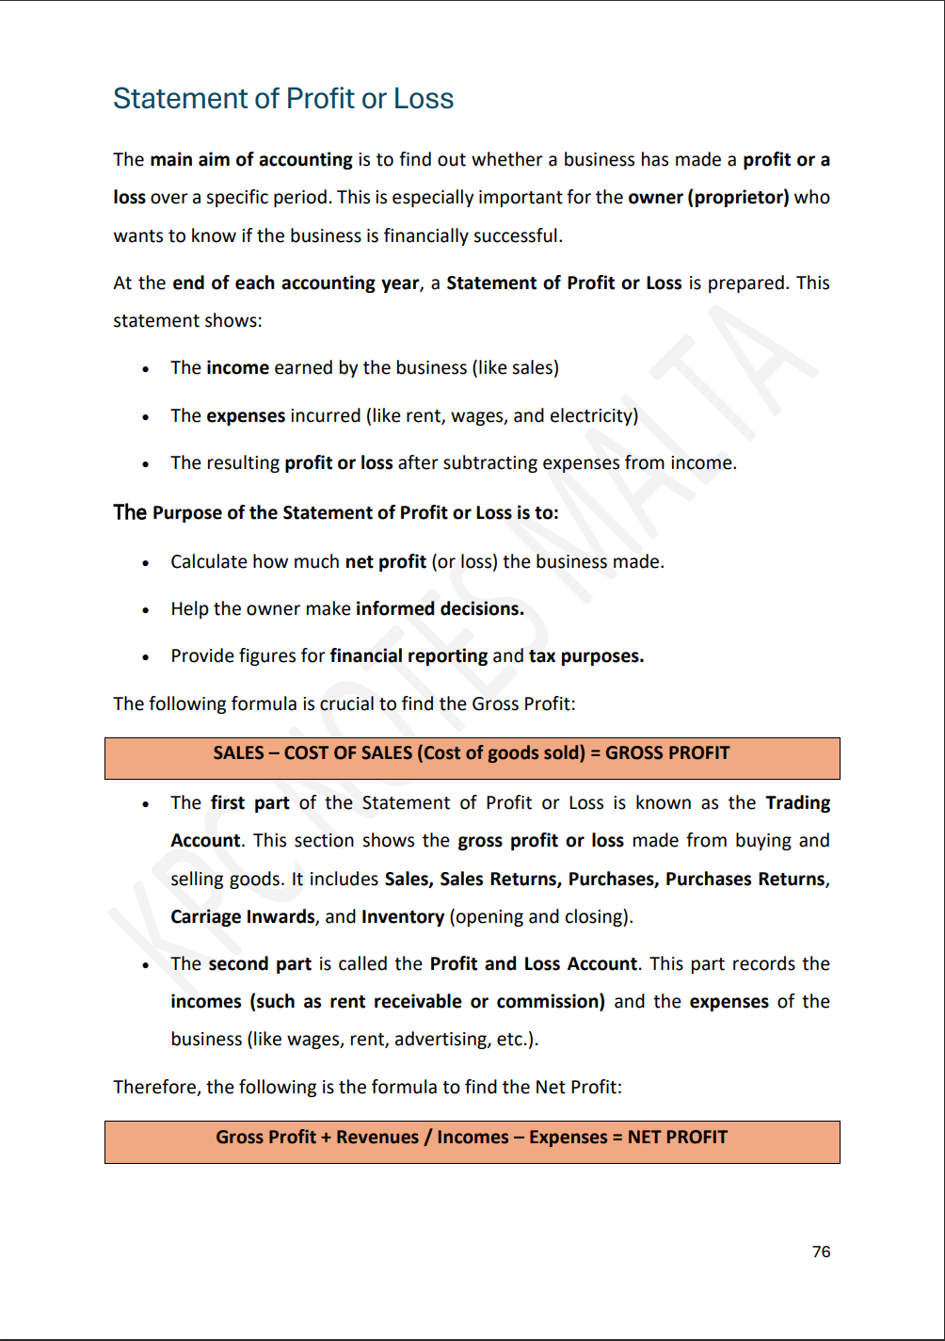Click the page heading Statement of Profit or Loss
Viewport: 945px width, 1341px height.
click(283, 99)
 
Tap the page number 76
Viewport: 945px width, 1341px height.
click(821, 1252)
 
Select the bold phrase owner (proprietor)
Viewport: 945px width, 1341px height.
click(708, 198)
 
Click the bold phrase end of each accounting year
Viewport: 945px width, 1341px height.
click(296, 283)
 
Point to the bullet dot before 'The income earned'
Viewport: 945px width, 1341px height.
click(145, 369)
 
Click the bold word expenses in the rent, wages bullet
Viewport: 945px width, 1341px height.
click(246, 415)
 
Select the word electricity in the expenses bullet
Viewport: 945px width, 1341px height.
click(593, 415)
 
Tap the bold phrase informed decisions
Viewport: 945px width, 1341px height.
click(440, 608)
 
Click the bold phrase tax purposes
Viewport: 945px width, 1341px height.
click(586, 656)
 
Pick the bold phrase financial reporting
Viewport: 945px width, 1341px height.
click(408, 656)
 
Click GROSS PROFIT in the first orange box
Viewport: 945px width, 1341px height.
click(667, 752)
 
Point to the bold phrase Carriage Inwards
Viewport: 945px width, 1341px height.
click(243, 916)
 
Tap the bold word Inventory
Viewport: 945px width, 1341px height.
click(403, 916)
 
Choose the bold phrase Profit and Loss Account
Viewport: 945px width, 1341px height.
click(533, 963)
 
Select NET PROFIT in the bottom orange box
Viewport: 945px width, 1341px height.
click(677, 1137)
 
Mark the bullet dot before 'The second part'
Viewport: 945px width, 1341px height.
click(145, 965)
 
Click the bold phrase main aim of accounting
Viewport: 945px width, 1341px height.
click(251, 160)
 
